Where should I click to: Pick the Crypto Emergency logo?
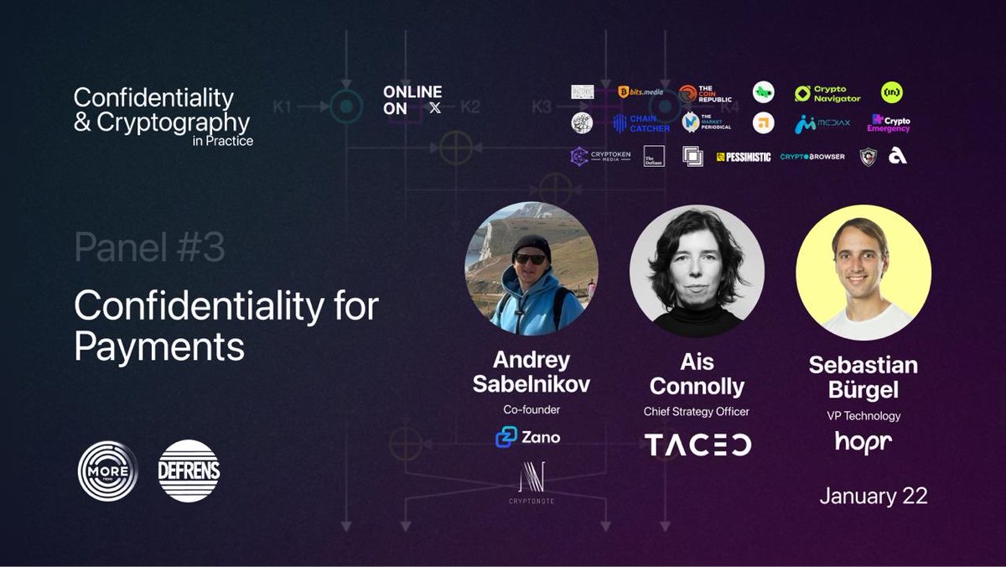(x=889, y=123)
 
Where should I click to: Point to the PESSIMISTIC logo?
(x=744, y=157)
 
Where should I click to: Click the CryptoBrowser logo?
(x=812, y=157)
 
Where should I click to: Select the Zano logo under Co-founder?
(x=528, y=437)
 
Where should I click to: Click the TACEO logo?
(x=697, y=444)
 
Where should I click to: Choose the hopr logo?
(x=863, y=440)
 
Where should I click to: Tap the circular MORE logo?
(x=107, y=471)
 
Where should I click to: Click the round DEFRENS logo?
(x=189, y=471)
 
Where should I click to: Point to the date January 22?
(x=874, y=496)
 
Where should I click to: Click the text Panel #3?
(x=149, y=248)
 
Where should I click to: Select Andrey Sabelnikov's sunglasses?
(x=530, y=258)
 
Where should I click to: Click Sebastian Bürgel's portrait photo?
(x=863, y=273)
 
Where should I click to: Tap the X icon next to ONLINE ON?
(x=434, y=108)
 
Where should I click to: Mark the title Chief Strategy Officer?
(x=696, y=411)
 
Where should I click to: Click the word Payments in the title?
(x=159, y=346)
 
